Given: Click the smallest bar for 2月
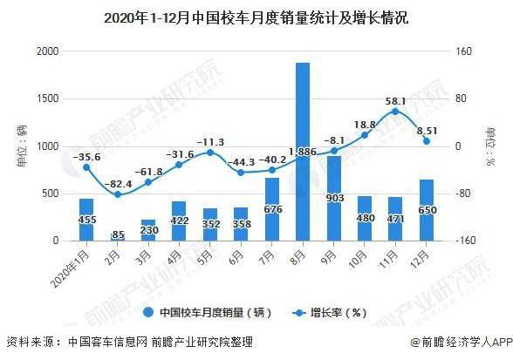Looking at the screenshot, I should point(117,236).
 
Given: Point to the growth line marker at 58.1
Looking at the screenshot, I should point(395,112).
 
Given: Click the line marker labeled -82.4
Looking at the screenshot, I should point(117,194).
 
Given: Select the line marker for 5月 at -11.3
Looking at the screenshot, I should point(210,153).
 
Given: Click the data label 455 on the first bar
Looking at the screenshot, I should point(86,221).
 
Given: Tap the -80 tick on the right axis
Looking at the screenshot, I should point(462,194).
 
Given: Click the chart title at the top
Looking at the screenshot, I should point(256,17).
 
